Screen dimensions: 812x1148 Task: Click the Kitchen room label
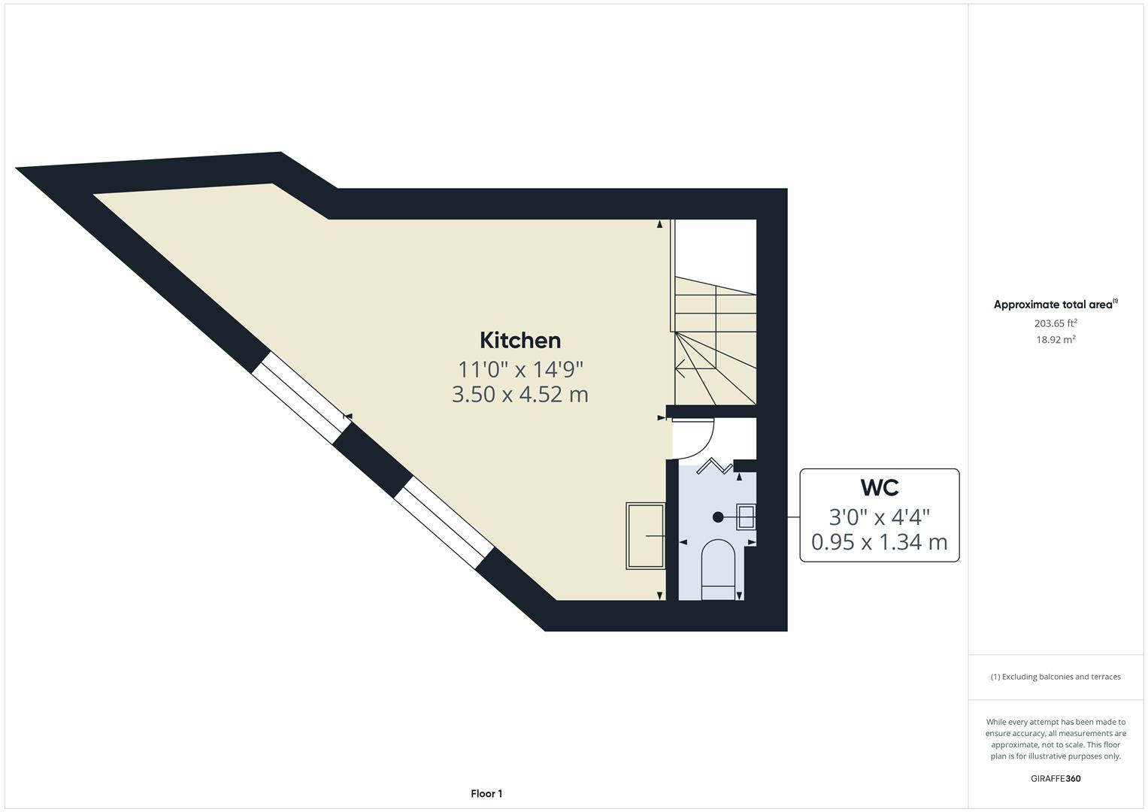[520, 341]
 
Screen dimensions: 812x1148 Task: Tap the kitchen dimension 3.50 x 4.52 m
[520, 394]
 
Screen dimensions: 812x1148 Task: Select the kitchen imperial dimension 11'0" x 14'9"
[520, 369]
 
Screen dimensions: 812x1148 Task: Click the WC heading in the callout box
[879, 487]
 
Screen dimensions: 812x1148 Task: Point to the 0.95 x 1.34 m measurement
[879, 541]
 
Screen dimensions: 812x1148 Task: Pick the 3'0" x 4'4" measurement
[879, 517]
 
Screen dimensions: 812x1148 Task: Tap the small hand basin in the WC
[746, 517]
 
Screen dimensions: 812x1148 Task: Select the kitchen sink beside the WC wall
[645, 535]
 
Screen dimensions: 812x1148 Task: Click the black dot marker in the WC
[718, 517]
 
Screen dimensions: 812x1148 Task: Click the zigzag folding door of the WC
[714, 467]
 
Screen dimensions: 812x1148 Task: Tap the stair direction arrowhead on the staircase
[679, 369]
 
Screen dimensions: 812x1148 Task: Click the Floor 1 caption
[486, 794]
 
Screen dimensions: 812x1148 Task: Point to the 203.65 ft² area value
[1056, 323]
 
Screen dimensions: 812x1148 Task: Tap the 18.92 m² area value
[1056, 340]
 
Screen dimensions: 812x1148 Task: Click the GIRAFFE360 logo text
[1056, 779]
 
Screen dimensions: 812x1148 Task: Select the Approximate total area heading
[1054, 304]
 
